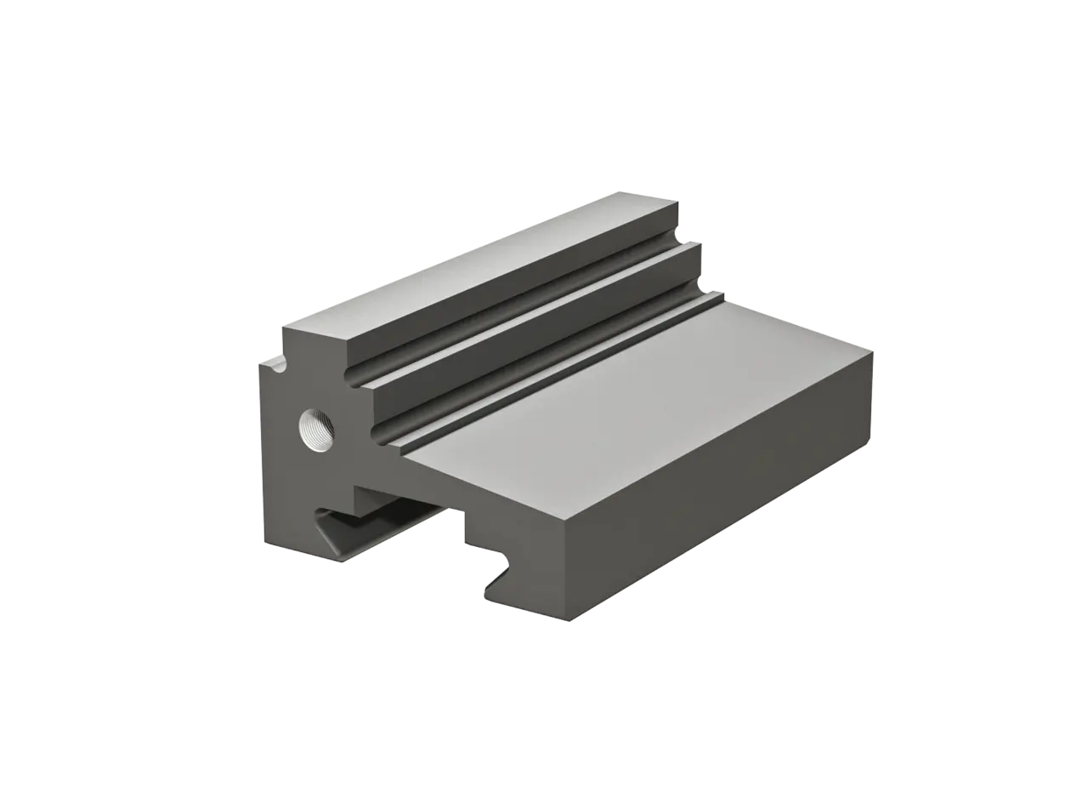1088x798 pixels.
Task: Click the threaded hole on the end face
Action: click(x=316, y=430)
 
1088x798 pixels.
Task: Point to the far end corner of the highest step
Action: click(x=677, y=201)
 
